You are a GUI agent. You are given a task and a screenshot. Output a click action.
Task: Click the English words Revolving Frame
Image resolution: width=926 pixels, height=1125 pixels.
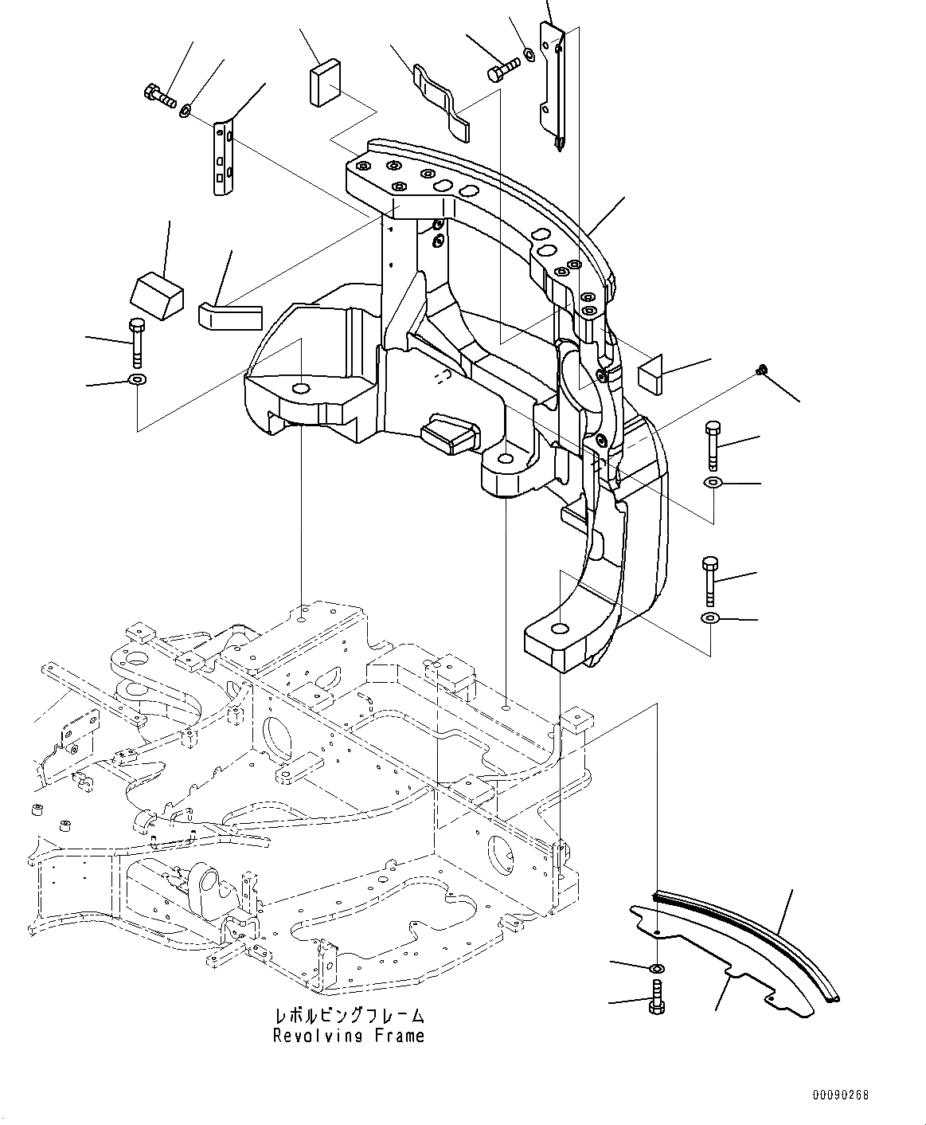348,1036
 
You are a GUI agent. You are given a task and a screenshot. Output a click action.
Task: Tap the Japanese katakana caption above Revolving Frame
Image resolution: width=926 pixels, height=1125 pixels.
348,1016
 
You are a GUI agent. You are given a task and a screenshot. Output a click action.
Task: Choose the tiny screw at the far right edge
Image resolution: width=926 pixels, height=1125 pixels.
762,368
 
